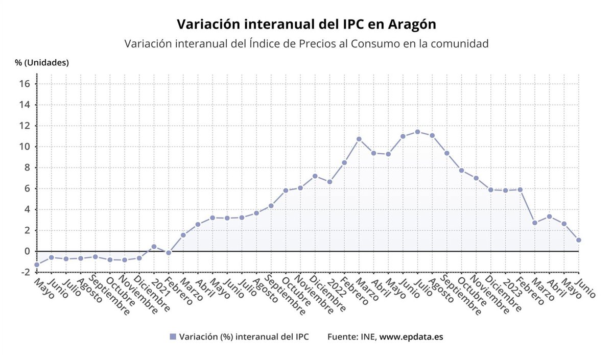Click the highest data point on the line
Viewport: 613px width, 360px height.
[417, 132]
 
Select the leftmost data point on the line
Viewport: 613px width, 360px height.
[37, 265]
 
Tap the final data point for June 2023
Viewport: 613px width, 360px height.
[579, 240]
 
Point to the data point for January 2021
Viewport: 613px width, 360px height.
[154, 247]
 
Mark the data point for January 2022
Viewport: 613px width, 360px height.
[329, 182]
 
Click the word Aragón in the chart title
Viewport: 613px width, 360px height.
[412, 24]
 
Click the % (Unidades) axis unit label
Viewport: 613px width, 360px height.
[42, 63]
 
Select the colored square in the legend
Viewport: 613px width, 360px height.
[173, 337]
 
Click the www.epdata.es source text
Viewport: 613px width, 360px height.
[411, 337]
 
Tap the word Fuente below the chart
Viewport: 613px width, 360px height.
[343, 337]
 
